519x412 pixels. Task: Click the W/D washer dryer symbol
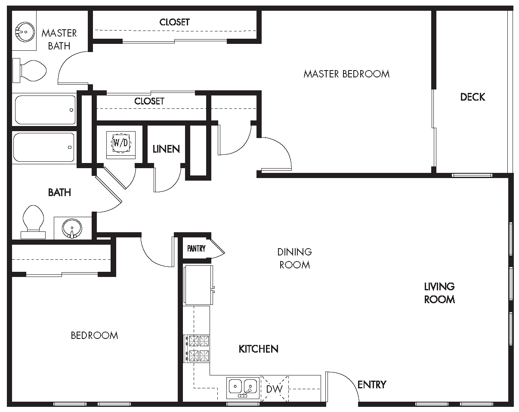[120, 143]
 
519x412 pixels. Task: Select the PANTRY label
[196, 249]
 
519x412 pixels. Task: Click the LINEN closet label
[166, 149]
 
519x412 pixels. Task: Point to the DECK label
[473, 97]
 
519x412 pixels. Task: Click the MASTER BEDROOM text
[346, 74]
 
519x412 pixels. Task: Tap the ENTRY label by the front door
[372, 384]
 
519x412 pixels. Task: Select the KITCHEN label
[258, 349]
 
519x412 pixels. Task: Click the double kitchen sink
[243, 387]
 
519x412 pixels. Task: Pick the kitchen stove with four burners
[198, 348]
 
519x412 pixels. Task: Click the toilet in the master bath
[30, 71]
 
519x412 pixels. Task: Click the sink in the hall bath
[71, 228]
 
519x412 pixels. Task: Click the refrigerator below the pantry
[198, 285]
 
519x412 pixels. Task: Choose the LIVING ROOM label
[439, 293]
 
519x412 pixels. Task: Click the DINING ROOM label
[294, 258]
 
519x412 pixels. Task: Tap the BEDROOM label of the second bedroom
[94, 335]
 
